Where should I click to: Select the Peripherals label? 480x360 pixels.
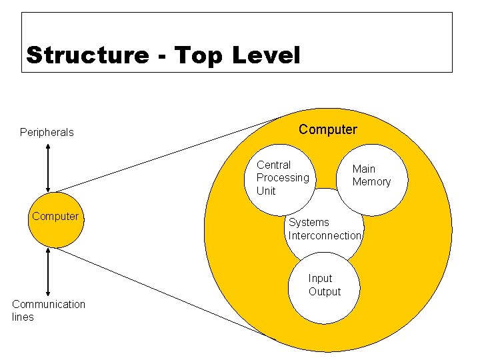[47, 132]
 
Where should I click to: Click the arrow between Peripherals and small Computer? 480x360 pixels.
[48, 168]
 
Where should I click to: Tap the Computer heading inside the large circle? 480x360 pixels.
[328, 129]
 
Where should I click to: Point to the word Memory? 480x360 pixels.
[371, 182]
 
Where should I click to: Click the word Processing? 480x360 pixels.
[283, 177]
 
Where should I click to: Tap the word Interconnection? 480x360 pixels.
[325, 235]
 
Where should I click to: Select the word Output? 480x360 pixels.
[325, 291]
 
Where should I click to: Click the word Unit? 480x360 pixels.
[266, 191]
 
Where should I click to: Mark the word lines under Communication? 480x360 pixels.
[23, 317]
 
